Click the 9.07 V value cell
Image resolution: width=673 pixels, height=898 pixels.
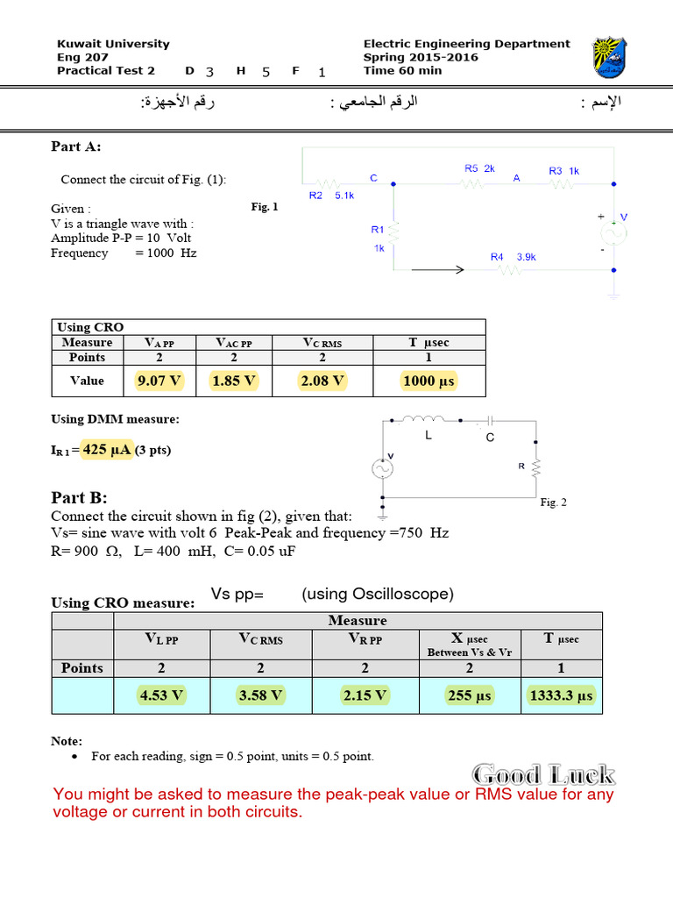click(x=159, y=381)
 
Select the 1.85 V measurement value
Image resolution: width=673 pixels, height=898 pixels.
click(x=234, y=381)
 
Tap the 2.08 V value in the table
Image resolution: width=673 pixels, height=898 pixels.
click(x=322, y=381)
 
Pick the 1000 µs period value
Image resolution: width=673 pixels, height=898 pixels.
click(x=429, y=381)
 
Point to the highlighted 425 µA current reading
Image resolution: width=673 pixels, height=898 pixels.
click(x=107, y=450)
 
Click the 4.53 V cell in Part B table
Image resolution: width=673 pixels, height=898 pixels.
click(x=161, y=696)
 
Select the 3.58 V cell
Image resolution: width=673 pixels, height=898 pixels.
click(x=261, y=696)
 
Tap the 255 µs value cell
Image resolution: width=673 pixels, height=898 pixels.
click(x=470, y=696)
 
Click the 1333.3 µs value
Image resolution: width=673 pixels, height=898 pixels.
click(x=561, y=696)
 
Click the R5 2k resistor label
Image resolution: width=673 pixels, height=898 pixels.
click(x=479, y=167)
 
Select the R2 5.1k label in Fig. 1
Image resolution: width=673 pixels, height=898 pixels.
click(x=331, y=196)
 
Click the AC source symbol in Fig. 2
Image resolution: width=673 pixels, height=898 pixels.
click(x=383, y=469)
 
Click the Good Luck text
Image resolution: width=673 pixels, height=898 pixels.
click(x=543, y=774)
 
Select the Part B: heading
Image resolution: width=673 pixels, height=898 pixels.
click(x=79, y=497)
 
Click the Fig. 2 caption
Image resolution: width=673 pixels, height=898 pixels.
click(x=554, y=502)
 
